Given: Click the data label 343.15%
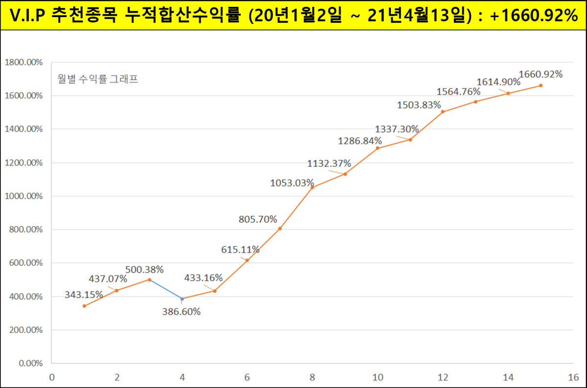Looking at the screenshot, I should pyautogui.click(x=84, y=295).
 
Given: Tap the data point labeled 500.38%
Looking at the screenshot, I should pyautogui.click(x=149, y=280).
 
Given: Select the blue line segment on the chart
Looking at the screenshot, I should pyautogui.click(x=166, y=289).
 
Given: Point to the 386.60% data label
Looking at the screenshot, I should pyautogui.click(x=181, y=312).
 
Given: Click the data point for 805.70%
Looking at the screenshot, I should pyautogui.click(x=280, y=228).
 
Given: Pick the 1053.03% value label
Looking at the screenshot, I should pyautogui.click(x=292, y=183).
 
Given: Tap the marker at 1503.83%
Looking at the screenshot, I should pyautogui.click(x=443, y=111).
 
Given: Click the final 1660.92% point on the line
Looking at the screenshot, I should pyautogui.click(x=541, y=86).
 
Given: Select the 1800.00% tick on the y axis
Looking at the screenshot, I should pyautogui.click(x=23, y=63).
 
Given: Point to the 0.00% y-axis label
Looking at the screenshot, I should pyautogui.click(x=30, y=364).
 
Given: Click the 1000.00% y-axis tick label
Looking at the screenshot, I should pyautogui.click(x=23, y=196).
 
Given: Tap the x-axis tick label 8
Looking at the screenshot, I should pyautogui.click(x=312, y=377).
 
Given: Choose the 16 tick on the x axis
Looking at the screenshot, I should pyautogui.click(x=573, y=377).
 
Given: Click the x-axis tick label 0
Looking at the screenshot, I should pyautogui.click(x=51, y=377).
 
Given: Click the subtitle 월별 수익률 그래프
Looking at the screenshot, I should pyautogui.click(x=97, y=79).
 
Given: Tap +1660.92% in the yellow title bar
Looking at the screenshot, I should pyautogui.click(x=533, y=16).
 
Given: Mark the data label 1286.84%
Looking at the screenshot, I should pyautogui.click(x=360, y=141).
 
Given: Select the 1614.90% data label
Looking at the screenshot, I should pyautogui.click(x=498, y=82).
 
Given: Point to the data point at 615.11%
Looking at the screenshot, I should pyautogui.click(x=247, y=260).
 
